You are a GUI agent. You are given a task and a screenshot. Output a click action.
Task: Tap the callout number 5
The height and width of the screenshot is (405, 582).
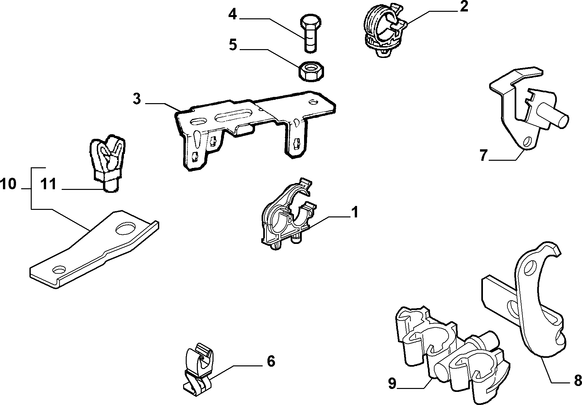232,45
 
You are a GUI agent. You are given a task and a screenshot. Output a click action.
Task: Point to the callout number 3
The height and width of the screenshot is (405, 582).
137,99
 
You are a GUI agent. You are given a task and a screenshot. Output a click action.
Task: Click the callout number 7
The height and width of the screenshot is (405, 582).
484,155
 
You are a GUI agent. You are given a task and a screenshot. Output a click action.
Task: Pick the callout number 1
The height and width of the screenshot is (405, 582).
354,212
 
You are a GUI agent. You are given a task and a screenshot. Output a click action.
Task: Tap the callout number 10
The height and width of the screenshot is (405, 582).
8,184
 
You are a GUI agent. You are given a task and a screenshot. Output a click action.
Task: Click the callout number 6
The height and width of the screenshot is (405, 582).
271,361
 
